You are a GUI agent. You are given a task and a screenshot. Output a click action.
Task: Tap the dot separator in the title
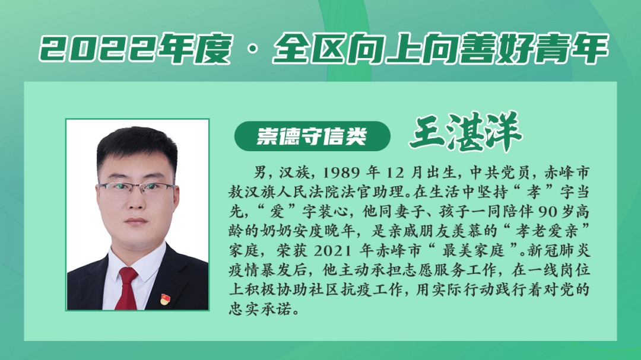[253, 49]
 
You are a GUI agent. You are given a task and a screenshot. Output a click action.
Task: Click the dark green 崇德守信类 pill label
[312, 136]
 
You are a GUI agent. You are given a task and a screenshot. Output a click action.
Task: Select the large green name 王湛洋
[466, 132]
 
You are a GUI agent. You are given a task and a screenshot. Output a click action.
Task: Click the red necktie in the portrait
[127, 288]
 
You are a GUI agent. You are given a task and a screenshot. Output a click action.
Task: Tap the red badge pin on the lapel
[164, 300]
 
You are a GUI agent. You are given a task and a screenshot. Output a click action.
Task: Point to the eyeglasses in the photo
[137, 189]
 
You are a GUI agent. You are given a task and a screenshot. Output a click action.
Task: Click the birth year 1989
[341, 173]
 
